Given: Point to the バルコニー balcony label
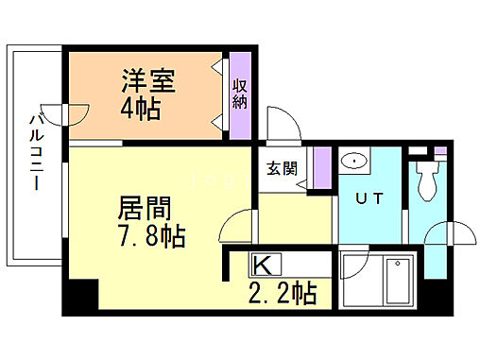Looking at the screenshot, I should [x=35, y=151].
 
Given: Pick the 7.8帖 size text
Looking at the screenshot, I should [x=151, y=234].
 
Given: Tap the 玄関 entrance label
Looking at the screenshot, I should [x=282, y=170].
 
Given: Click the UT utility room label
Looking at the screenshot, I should [x=369, y=199].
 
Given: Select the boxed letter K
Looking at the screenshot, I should [x=263, y=264].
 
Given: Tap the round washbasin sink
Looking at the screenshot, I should [x=356, y=161].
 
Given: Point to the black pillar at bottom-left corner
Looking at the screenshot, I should [x=80, y=298].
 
